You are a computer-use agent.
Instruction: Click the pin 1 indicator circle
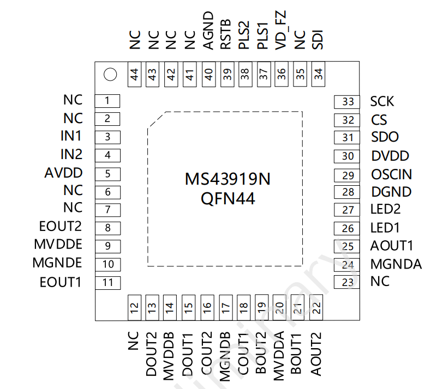(110, 74)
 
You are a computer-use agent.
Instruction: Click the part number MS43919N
(228, 179)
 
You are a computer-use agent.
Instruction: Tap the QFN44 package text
(228, 199)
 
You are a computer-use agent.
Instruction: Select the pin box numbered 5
(107, 174)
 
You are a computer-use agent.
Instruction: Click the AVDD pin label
(63, 173)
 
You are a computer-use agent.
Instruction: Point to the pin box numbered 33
(346, 102)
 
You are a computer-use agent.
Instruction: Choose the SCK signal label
(382, 101)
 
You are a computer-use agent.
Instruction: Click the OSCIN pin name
(392, 174)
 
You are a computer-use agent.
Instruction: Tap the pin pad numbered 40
(208, 74)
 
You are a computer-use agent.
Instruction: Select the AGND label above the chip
(208, 31)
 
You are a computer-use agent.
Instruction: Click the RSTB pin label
(226, 34)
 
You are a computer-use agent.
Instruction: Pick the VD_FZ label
(280, 31)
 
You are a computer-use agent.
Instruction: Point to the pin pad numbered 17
(226, 307)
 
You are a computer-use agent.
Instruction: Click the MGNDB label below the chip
(225, 357)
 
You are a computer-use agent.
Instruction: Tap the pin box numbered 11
(107, 283)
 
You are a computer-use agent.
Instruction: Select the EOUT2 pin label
(61, 226)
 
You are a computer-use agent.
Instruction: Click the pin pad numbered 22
(316, 307)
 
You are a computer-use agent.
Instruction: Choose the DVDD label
(390, 156)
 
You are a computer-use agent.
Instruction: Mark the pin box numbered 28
(346, 192)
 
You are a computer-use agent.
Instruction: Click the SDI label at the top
(318, 40)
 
